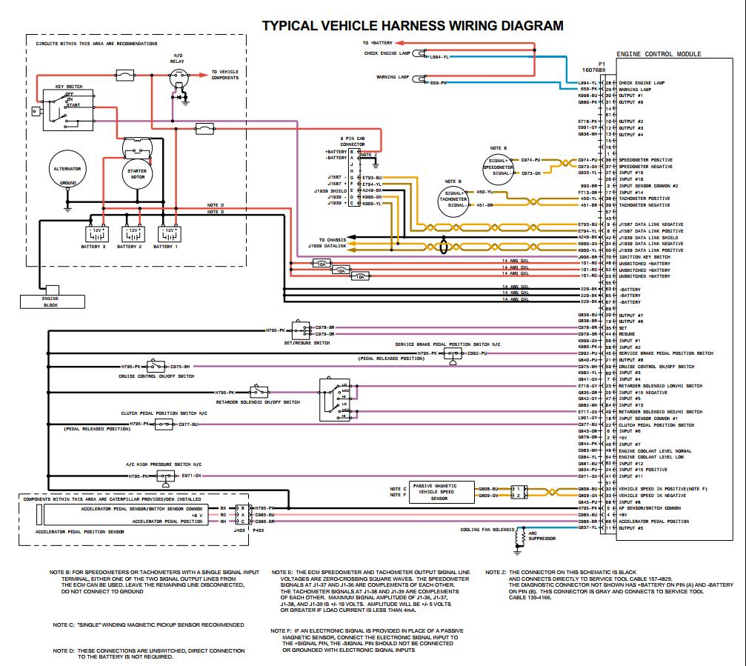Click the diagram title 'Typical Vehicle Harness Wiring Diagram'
[413, 26]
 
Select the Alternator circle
[67, 175]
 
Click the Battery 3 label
[94, 246]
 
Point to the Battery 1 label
[166, 246]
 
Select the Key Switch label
[68, 87]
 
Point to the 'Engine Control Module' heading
[658, 54]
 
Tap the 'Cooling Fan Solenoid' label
[487, 530]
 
